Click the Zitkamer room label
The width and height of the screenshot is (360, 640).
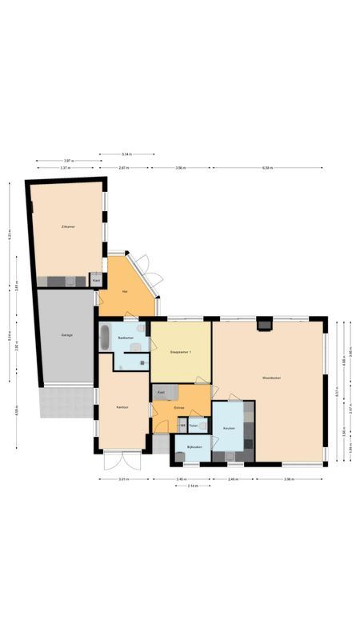point(68,227)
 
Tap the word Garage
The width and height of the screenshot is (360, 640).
point(67,334)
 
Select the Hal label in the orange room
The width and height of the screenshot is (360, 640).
point(125,291)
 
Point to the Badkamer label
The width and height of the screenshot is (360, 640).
point(125,338)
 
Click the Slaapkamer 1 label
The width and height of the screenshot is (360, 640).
point(181,352)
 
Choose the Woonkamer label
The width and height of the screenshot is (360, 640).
point(270,377)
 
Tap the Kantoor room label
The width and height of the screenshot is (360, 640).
point(122,407)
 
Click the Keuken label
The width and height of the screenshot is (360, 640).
point(229,429)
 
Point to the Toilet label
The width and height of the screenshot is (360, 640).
point(194,426)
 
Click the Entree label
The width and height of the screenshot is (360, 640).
point(179,408)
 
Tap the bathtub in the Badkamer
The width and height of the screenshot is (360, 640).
point(105,338)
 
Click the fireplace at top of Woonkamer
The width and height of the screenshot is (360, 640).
point(263,324)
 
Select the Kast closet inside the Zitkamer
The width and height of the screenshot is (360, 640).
point(97,281)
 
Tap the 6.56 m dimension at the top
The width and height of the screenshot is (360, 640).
point(267,168)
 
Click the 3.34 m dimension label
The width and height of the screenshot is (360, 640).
point(126,154)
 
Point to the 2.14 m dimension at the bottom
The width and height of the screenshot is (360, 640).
point(193,486)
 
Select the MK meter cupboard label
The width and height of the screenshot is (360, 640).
point(182,426)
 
